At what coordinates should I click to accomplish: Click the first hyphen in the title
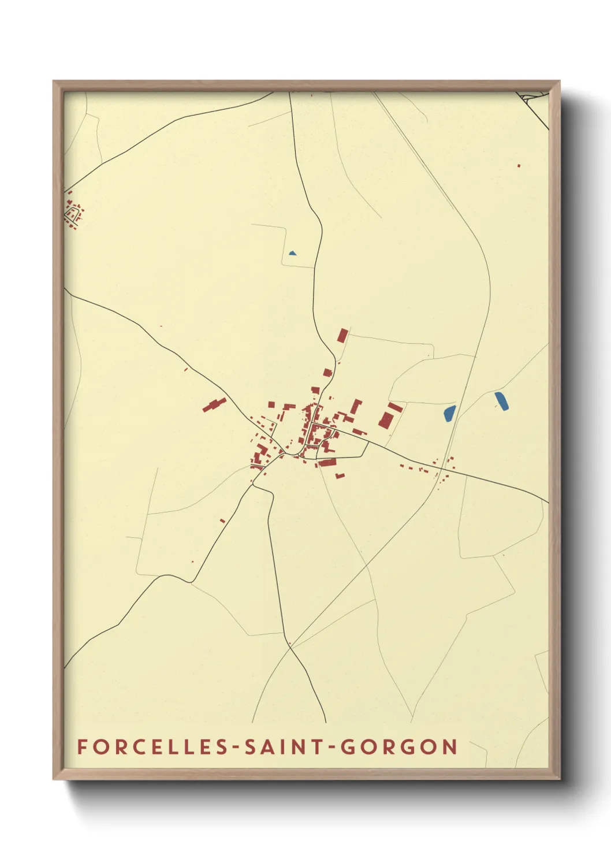coord(236,748)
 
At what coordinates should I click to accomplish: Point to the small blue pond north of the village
coord(292,253)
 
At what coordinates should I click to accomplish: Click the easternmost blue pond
coord(501,401)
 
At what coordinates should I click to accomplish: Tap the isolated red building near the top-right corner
coord(519,166)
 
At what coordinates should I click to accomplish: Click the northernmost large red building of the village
coord(342,336)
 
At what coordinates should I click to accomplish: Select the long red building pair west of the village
coord(214,404)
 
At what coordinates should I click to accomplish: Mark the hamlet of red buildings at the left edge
coord(73,211)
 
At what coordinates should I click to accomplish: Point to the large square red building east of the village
coord(386,419)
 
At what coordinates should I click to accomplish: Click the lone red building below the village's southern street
coord(340,475)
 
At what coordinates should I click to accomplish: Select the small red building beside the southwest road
coord(222,521)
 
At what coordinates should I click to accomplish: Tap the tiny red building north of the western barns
coord(186,369)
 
